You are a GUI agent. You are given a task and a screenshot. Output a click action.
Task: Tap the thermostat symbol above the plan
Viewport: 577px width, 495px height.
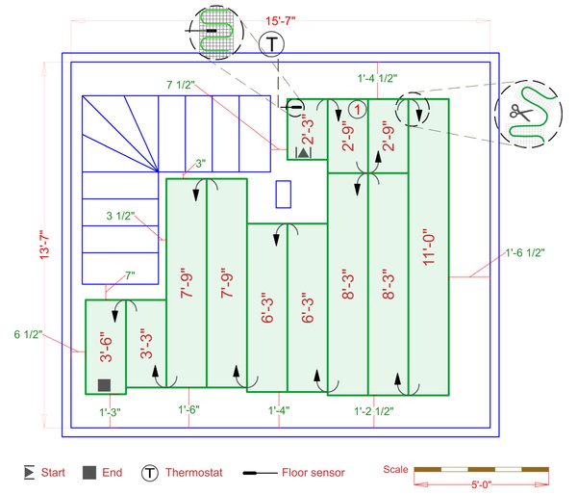coord(274,44)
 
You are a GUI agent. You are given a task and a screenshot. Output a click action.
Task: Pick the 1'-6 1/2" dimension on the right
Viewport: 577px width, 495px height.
coord(525,253)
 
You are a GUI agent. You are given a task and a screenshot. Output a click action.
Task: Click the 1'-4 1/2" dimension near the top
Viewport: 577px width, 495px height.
coord(376,78)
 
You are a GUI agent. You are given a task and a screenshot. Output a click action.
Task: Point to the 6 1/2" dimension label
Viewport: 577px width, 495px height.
coord(31,335)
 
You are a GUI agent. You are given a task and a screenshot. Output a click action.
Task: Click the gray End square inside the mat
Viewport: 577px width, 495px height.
coord(105,385)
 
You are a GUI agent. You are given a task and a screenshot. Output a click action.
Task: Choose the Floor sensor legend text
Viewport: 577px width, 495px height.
coord(314,472)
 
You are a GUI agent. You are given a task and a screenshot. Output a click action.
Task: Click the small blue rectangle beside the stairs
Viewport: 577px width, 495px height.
coord(283,195)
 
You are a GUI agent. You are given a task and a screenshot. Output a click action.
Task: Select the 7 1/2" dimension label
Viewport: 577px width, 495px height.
coord(180,86)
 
